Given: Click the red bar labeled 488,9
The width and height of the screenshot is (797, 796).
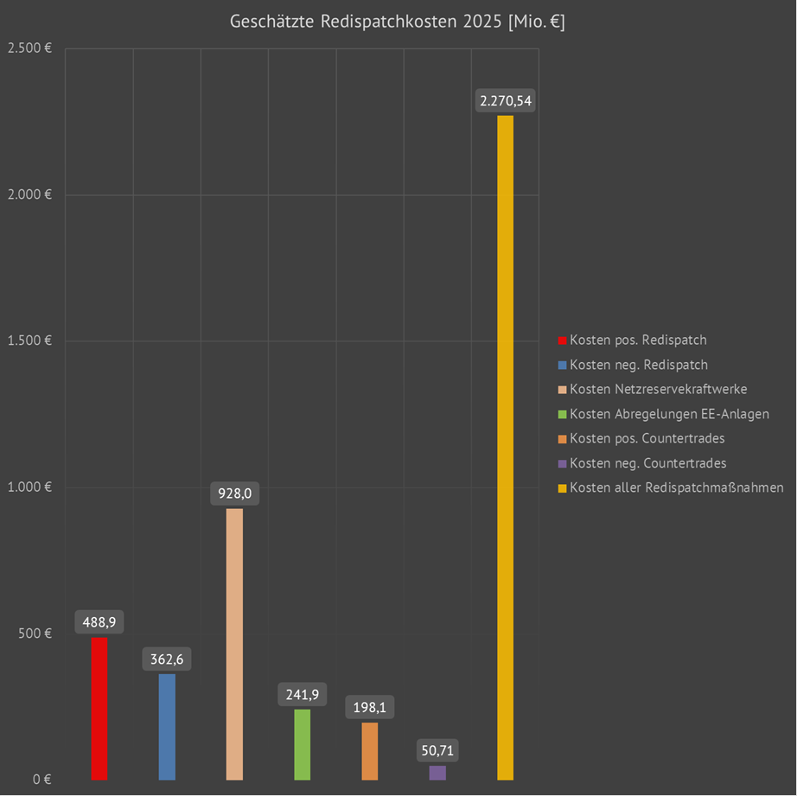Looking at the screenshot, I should tap(99, 709).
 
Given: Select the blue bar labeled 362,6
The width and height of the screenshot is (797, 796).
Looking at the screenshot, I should tap(167, 727).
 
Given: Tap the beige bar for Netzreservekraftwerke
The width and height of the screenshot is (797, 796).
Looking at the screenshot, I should tap(234, 644).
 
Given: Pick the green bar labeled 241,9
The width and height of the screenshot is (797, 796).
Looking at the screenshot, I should tap(302, 744).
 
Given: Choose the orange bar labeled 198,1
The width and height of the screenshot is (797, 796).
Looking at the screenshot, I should tap(369, 751).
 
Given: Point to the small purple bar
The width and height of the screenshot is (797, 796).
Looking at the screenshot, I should tap(437, 773).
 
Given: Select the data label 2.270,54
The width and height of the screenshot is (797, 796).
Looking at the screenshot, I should tap(506, 101).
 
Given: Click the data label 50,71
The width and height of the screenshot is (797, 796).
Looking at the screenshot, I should tap(437, 750).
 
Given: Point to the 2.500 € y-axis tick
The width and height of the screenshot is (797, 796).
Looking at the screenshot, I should tap(29, 48).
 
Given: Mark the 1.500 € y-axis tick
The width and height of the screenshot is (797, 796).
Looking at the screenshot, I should tap(29, 341).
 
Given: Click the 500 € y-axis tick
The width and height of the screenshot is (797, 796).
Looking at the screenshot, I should tap(35, 634).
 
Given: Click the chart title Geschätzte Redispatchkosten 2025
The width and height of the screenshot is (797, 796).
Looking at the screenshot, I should tap(398, 22).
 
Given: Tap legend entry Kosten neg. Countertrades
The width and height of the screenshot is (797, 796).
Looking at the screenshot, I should tap(647, 463).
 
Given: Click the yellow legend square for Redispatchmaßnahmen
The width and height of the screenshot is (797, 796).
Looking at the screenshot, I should tap(562, 488).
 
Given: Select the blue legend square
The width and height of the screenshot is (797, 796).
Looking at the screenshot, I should tap(562, 366).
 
